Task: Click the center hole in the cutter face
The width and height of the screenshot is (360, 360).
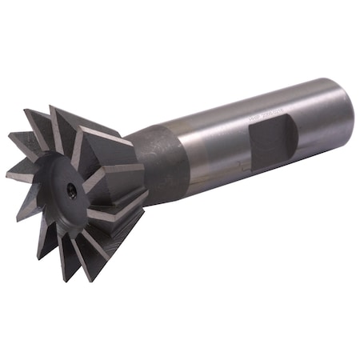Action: click(72, 190)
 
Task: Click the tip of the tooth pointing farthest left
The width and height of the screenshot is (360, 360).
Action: click(6, 172)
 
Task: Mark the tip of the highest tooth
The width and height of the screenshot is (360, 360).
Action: click(51, 106)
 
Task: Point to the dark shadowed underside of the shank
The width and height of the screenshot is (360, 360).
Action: click(264, 180)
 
